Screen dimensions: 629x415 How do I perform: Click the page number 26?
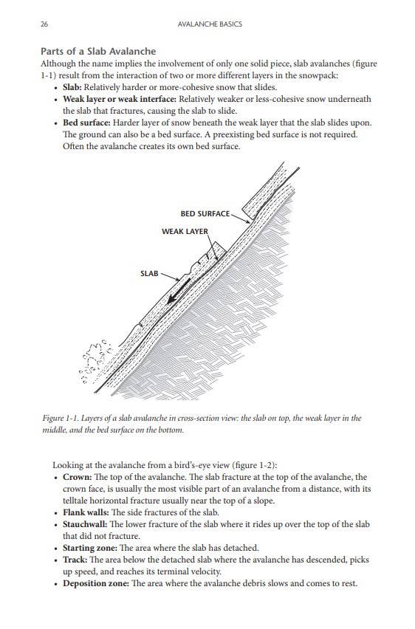pyautogui.click(x=45, y=24)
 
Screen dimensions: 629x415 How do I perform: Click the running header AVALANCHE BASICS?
pyautogui.click(x=210, y=24)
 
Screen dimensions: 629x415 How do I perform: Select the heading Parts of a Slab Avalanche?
pyautogui.click(x=97, y=51)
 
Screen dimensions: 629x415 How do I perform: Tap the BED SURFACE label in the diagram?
pyautogui.click(x=205, y=214)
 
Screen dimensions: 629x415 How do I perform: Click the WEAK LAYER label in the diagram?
pyautogui.click(x=185, y=232)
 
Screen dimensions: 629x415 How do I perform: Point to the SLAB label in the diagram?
pyautogui.click(x=149, y=274)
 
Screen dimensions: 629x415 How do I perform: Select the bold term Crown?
pyautogui.click(x=78, y=478)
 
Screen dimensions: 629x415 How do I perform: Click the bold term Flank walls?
pyautogui.click(x=86, y=512)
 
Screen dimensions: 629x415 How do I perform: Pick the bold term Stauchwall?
pyautogui.click(x=87, y=524)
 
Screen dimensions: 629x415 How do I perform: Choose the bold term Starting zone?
pyautogui.click(x=91, y=548)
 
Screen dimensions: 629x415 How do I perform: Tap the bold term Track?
pyautogui.click(x=76, y=560)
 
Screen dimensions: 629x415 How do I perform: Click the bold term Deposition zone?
pyautogui.click(x=96, y=583)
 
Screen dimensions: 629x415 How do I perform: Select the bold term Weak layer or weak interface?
pyautogui.click(x=123, y=99)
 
